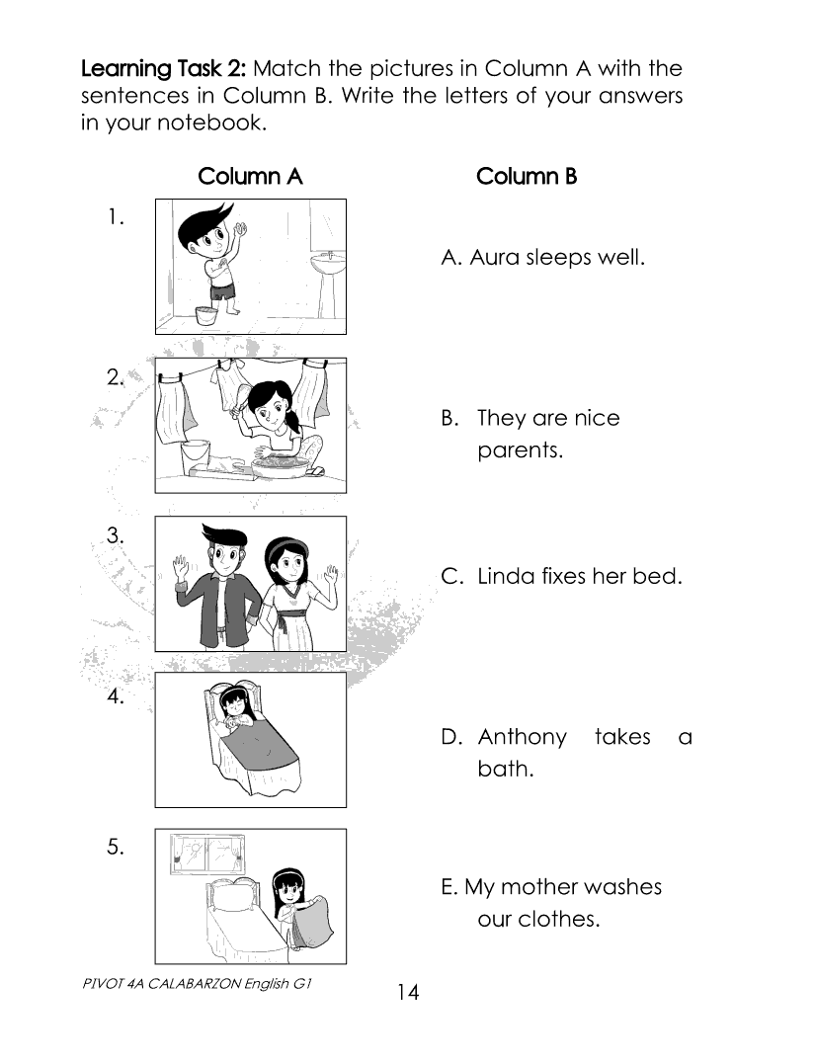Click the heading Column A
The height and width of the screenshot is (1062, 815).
250,177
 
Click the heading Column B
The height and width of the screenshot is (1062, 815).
527,177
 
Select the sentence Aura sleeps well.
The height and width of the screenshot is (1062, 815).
542,258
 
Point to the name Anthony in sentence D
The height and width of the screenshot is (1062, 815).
522,737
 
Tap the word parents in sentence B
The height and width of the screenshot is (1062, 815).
520,449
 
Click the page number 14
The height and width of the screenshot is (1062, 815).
408,992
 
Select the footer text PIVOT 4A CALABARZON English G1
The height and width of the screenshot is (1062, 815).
197,984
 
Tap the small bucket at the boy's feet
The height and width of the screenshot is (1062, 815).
205,316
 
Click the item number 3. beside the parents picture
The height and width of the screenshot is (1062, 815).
116,535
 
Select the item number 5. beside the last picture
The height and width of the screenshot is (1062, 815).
116,847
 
